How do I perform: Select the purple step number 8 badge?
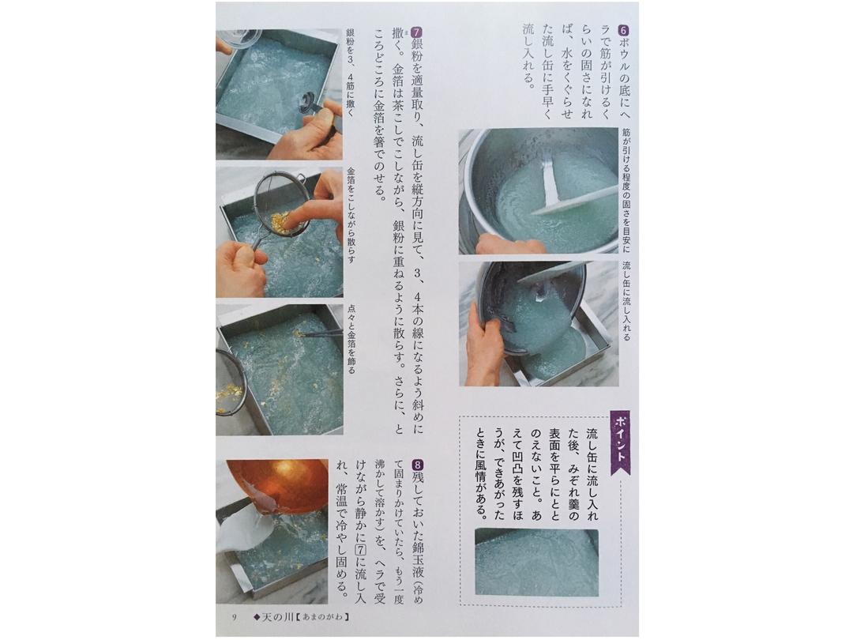[417, 466]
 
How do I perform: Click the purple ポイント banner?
[620, 442]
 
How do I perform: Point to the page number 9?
[234, 617]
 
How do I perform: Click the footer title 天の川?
[277, 617]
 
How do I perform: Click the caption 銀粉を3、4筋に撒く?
[350, 73]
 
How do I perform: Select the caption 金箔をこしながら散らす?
[351, 216]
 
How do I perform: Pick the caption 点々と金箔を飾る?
[351, 338]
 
